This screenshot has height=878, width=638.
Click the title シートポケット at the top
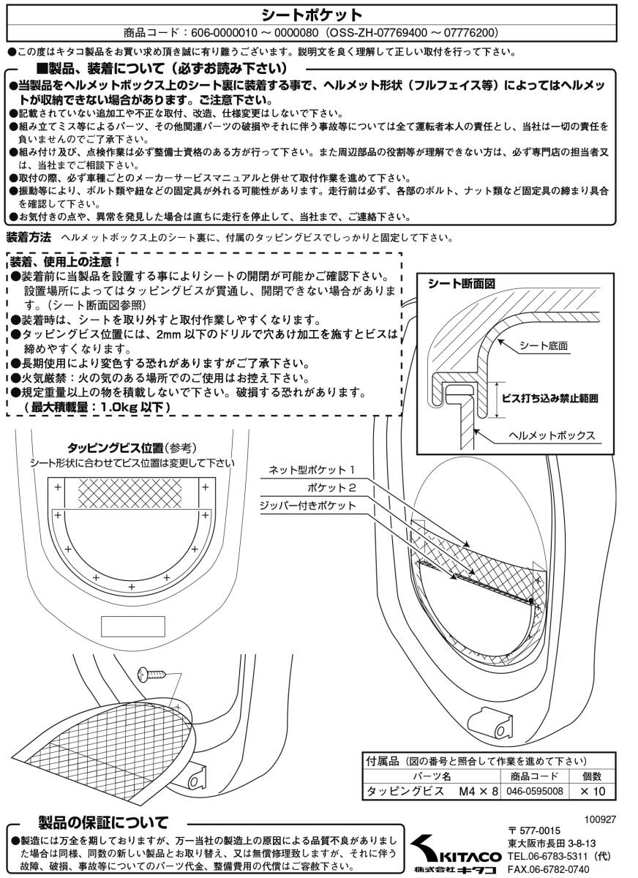coord(312,15)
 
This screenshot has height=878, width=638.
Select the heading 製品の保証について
coord(103,822)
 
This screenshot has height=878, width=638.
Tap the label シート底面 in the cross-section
coord(543,345)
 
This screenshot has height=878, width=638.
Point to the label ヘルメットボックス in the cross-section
coord(552,435)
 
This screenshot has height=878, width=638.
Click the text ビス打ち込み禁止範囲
coord(549,399)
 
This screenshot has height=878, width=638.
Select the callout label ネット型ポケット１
coord(312,470)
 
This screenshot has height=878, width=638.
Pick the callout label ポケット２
coord(331,487)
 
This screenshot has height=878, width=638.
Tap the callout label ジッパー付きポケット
coord(307,506)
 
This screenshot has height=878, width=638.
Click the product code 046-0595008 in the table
coord(535,791)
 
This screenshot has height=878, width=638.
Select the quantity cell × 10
coord(593,791)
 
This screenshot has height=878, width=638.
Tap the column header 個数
coord(592,776)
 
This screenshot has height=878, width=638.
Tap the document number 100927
coord(600,819)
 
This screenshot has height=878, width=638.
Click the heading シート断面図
coord(461,283)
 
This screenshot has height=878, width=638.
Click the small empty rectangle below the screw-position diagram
coord(133,626)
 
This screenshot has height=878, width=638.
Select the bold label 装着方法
coord(29,237)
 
